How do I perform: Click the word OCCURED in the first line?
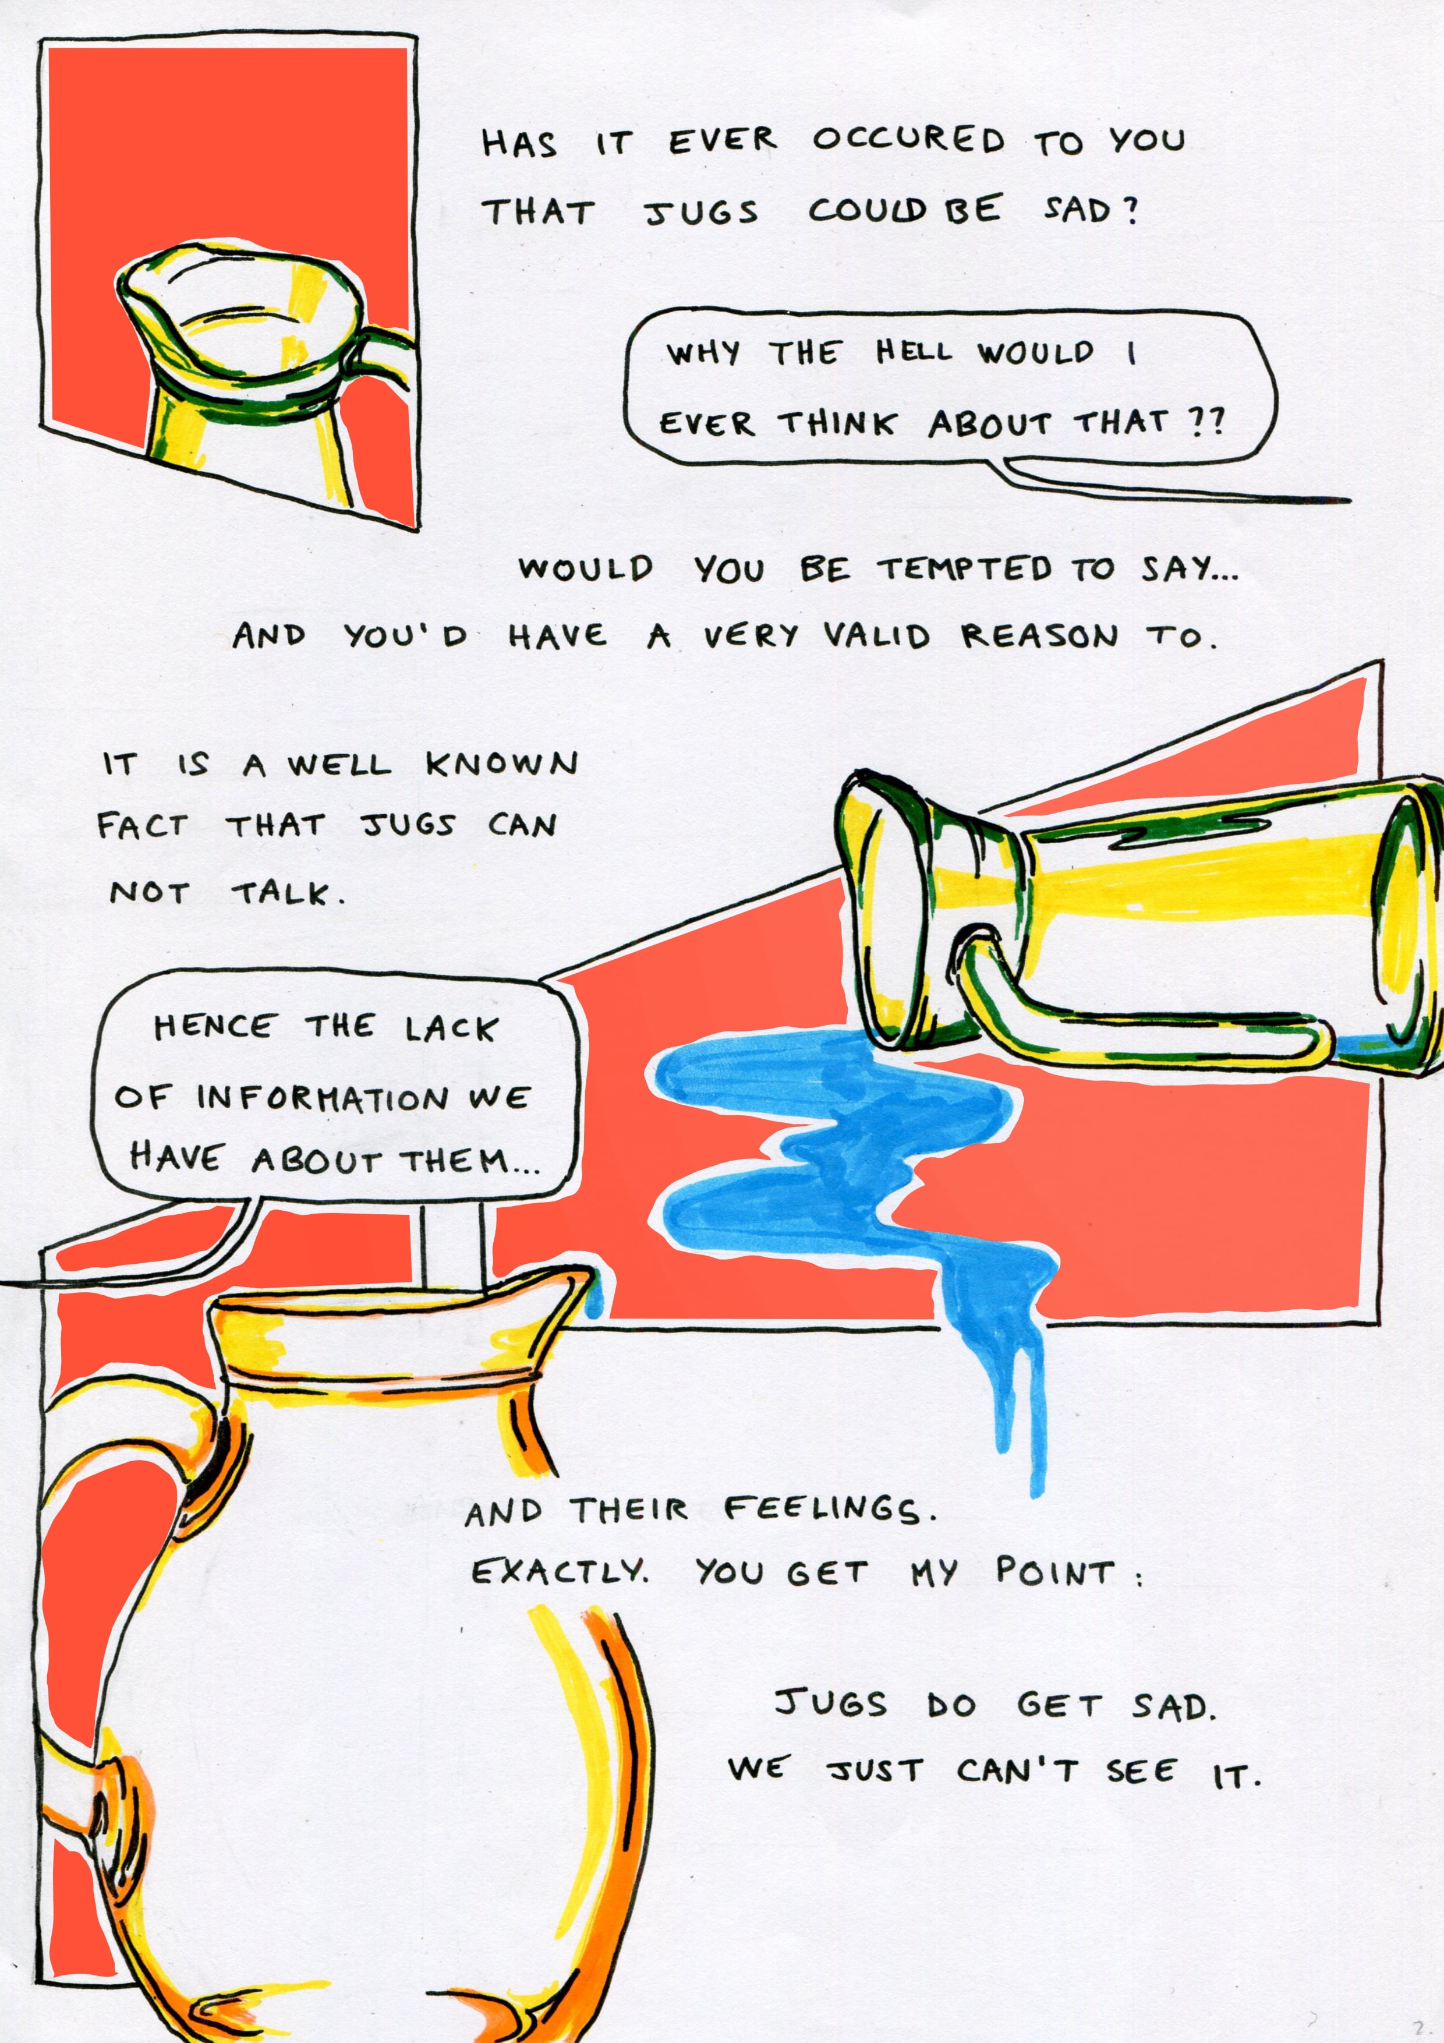(x=908, y=140)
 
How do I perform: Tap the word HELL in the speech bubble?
(x=913, y=352)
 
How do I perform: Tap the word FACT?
(x=142, y=826)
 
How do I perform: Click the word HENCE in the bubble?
(x=214, y=1028)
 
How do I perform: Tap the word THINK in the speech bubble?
(x=836, y=423)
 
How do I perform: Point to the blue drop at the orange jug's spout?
(x=594, y=1301)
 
